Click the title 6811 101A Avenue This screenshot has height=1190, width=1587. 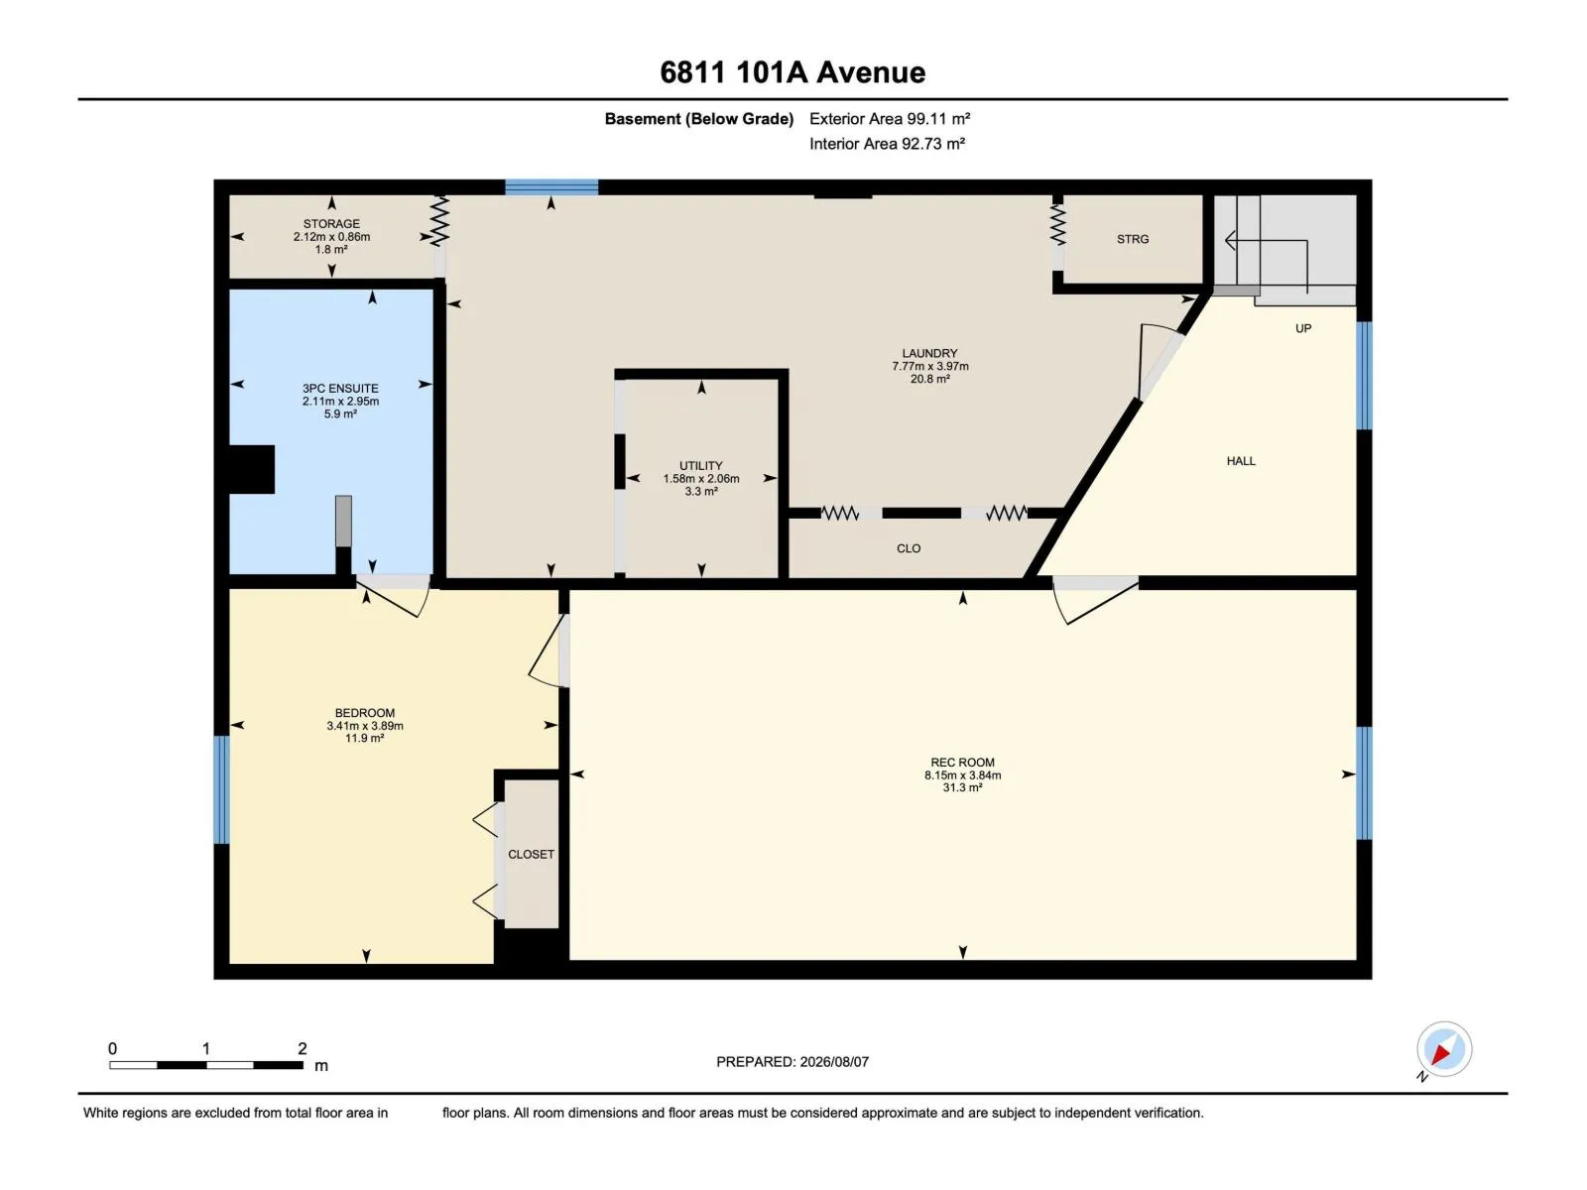coord(793,72)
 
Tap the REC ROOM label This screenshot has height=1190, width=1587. coord(962,763)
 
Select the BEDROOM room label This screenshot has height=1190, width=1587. coord(364,713)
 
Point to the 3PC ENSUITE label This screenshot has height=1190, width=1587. coord(340,389)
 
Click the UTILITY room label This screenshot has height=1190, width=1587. coord(700,466)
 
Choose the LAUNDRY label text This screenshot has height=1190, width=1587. coord(929,353)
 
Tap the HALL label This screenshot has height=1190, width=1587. coord(1241,461)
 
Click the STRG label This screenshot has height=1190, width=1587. coord(1133,239)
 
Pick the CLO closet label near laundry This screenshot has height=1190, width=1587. coord(909,548)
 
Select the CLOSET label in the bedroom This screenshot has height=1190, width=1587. coord(531,854)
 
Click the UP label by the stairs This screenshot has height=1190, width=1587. coord(1303,329)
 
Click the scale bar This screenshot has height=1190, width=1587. coord(206,1065)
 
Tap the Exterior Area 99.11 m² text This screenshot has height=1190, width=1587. coord(890,119)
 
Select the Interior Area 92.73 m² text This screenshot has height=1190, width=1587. coord(887,144)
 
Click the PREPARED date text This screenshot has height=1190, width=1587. coord(793,1062)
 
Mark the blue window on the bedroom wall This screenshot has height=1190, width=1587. coord(221,789)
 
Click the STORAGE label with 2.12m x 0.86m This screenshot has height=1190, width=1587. coord(331,224)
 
